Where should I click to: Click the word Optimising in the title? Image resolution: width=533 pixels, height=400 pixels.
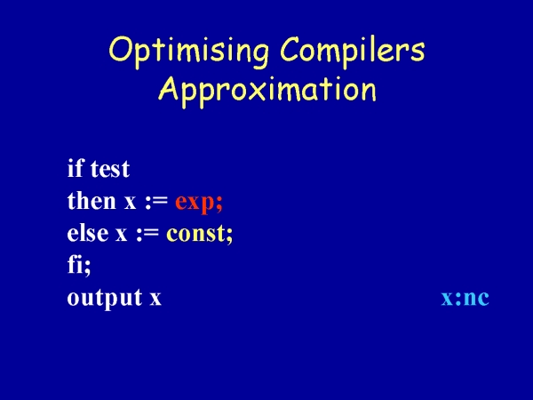click(x=189, y=52)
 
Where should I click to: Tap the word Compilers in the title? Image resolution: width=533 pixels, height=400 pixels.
click(x=353, y=50)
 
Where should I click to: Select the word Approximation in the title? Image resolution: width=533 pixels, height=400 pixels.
click(x=267, y=90)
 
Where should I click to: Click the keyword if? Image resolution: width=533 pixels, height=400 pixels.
click(x=76, y=168)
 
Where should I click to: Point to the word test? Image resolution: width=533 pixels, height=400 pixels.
click(x=110, y=169)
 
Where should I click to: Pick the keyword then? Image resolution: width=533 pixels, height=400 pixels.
click(x=91, y=200)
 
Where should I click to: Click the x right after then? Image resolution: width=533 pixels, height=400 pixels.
click(x=130, y=202)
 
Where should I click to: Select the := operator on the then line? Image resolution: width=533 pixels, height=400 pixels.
click(x=156, y=202)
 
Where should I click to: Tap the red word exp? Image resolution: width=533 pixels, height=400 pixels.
click(x=195, y=204)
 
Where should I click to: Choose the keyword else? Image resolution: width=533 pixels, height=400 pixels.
click(x=88, y=233)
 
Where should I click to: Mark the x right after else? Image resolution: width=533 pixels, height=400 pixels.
click(x=121, y=235)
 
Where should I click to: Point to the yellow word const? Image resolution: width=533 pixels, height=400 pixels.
click(x=195, y=233)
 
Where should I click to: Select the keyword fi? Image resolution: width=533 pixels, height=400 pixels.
click(x=76, y=265)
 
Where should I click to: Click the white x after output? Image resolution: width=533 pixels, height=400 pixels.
click(x=155, y=299)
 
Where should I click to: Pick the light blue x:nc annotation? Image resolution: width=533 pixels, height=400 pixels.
click(x=465, y=299)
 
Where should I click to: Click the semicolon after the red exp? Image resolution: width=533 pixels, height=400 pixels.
click(x=219, y=204)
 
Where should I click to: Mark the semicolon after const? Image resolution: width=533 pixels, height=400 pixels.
click(x=229, y=236)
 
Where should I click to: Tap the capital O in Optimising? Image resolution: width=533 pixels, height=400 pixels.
click(x=120, y=50)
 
